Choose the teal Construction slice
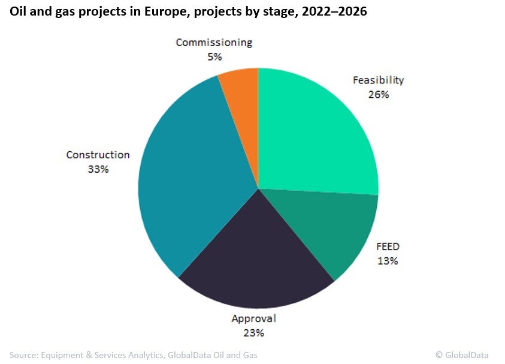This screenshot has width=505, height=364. (x=186, y=180)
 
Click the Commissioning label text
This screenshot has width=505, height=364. (x=214, y=43)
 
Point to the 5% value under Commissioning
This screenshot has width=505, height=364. (x=214, y=57)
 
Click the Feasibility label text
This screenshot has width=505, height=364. (x=378, y=80)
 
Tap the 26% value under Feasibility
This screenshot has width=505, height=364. (x=379, y=94)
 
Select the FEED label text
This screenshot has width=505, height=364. (x=388, y=246)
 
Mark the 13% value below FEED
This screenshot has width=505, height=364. (x=388, y=261)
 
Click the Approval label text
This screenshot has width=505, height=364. (x=254, y=318)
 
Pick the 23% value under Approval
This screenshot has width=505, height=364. (x=254, y=333)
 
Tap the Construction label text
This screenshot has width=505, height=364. (x=98, y=155)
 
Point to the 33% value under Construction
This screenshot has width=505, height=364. (x=98, y=169)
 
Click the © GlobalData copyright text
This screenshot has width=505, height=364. (x=462, y=355)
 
